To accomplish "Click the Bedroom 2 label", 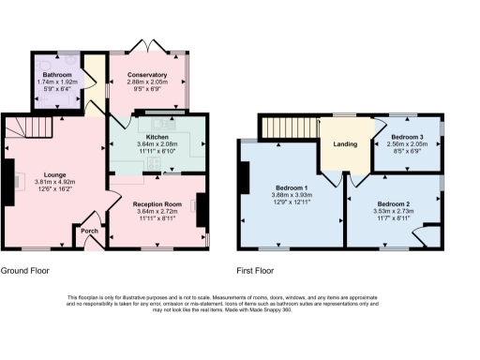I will tap(394, 203).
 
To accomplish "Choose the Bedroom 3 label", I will tap(408, 137).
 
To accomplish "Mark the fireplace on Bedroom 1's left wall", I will tap(245, 176).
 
